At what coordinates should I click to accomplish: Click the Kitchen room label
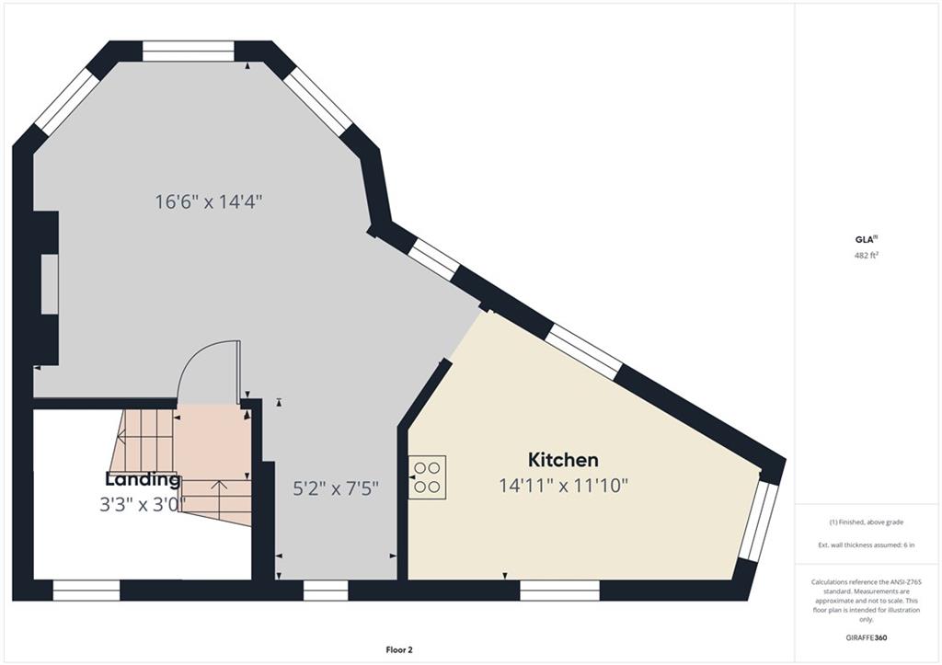(x=563, y=460)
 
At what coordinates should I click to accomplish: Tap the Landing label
(x=143, y=479)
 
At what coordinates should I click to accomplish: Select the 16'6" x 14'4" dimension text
(x=209, y=201)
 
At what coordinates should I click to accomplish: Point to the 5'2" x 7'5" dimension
(x=335, y=488)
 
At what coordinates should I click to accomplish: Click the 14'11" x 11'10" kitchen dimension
(x=564, y=486)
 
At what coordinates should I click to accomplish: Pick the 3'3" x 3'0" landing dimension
(x=143, y=504)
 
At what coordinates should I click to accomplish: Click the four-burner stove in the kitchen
(x=427, y=477)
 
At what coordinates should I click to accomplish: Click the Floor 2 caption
(x=399, y=649)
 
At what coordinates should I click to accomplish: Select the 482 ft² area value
(x=867, y=255)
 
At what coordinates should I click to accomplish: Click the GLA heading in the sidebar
(x=863, y=239)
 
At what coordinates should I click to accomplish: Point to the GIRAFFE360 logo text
(x=866, y=637)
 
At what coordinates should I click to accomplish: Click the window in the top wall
(x=188, y=52)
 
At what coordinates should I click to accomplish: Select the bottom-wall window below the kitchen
(x=559, y=590)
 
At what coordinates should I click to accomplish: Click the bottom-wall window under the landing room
(x=86, y=590)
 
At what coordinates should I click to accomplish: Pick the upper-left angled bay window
(x=67, y=102)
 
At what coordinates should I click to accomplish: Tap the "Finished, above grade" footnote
(x=867, y=522)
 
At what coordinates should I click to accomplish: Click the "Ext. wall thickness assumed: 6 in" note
(x=867, y=545)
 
